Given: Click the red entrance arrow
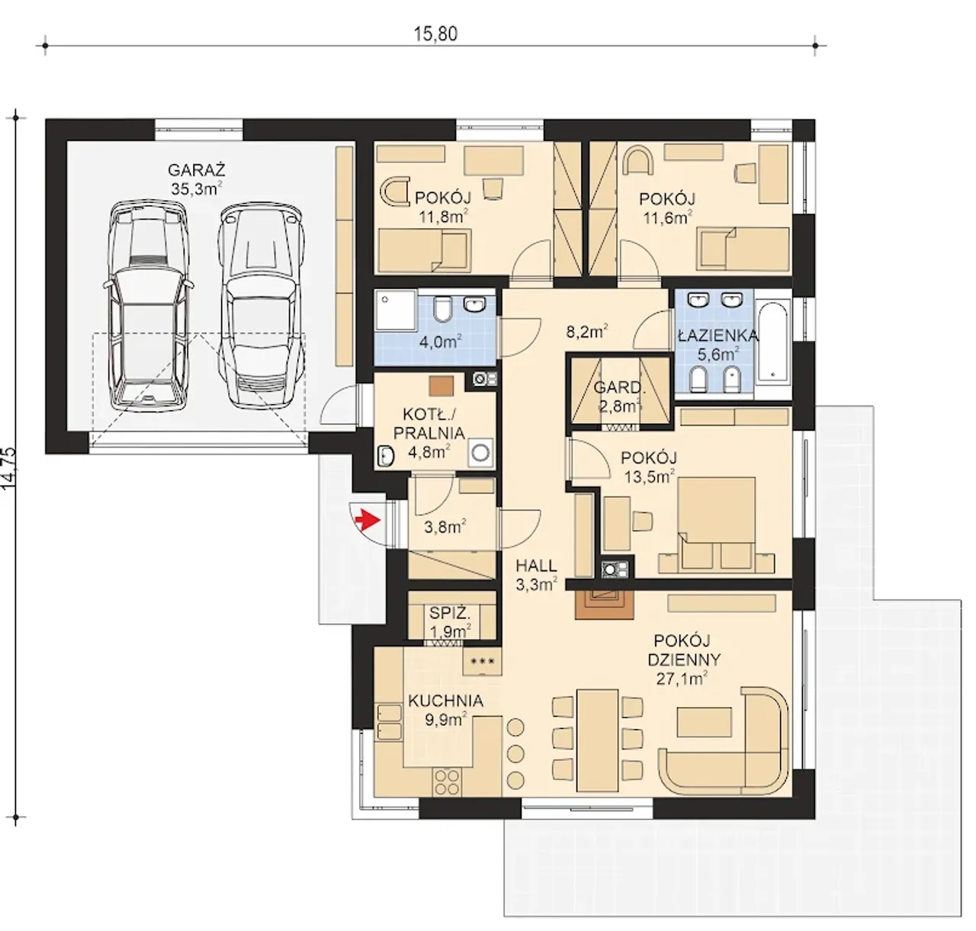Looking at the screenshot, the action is (x=368, y=520).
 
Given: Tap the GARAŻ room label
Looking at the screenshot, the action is (x=196, y=170).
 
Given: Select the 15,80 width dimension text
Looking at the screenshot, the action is (x=435, y=34).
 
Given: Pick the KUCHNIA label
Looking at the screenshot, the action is (x=445, y=701).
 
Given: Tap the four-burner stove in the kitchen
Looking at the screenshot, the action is (x=446, y=782).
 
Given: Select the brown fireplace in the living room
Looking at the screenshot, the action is (x=604, y=605).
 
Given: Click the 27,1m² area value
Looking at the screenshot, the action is (x=682, y=679).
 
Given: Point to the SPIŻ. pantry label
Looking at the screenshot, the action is (x=449, y=613).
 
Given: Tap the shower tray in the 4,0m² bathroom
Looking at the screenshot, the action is (x=395, y=310).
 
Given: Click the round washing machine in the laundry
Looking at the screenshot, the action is (x=480, y=452).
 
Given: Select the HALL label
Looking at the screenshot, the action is (x=536, y=566).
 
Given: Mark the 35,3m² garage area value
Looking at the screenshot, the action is (x=196, y=188).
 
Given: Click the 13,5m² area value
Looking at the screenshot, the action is (x=649, y=477).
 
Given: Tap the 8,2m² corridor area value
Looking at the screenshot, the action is (x=587, y=331).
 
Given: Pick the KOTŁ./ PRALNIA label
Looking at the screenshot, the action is (x=429, y=423).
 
